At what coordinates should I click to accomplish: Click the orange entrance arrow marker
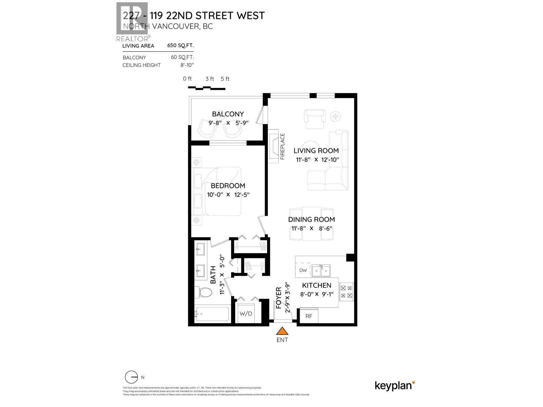[282, 331]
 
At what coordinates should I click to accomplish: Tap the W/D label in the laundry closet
[246, 313]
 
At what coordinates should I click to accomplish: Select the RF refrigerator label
[308, 316]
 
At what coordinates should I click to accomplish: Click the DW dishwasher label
[303, 270]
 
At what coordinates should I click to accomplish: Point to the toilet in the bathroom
[203, 292]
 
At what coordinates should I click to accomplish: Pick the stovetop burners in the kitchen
[346, 292]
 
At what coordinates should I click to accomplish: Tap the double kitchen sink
[321, 271]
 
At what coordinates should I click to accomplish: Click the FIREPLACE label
[282, 147]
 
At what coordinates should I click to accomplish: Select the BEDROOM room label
[228, 186]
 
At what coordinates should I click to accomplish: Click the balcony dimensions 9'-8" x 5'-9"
[228, 123]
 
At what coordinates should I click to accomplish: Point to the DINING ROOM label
[311, 219]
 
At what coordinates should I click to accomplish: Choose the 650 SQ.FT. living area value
[180, 45]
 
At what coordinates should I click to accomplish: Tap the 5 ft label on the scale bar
[225, 79]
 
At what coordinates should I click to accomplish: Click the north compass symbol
[131, 377]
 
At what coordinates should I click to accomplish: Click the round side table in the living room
[335, 117]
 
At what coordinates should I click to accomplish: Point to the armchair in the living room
[315, 119]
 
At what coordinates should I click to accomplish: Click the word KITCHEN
[316, 285]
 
